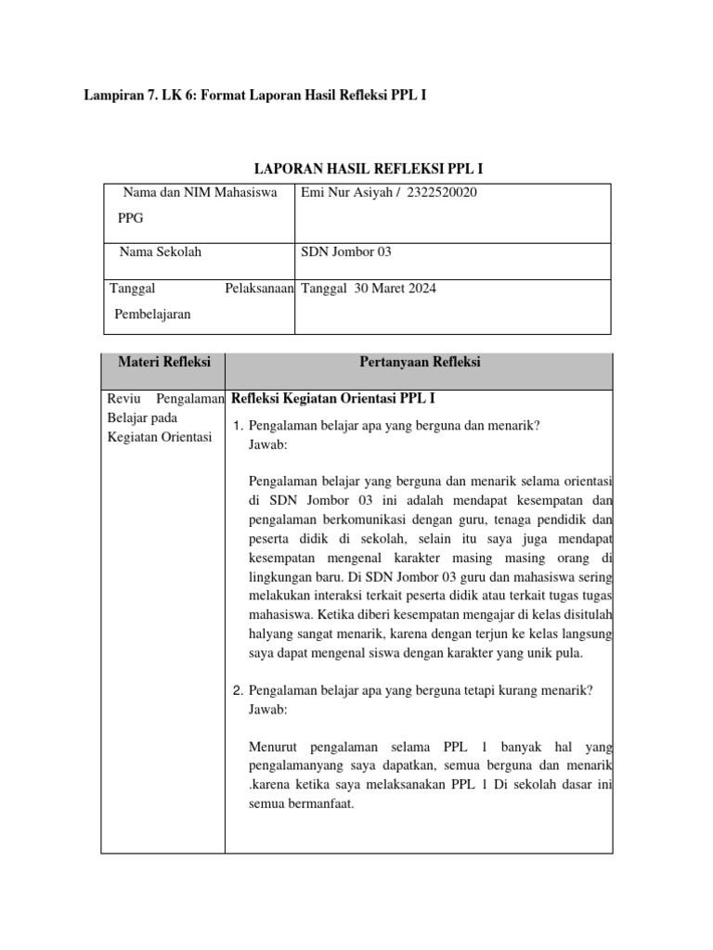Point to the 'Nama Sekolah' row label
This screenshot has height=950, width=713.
(161, 251)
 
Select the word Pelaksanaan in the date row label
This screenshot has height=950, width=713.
(259, 289)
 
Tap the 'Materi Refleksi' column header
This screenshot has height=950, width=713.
(163, 363)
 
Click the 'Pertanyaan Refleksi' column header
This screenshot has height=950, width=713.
(419, 363)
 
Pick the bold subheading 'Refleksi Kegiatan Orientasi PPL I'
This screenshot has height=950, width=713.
(332, 399)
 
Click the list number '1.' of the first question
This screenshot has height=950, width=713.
(237, 426)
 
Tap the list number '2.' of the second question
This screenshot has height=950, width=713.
(237, 691)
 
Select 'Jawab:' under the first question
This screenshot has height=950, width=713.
(268, 445)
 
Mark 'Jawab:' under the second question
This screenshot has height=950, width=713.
(268, 710)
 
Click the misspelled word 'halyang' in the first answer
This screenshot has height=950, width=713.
(272, 634)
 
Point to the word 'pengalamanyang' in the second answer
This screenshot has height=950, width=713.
(293, 766)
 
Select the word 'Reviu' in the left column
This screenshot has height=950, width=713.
(126, 399)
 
